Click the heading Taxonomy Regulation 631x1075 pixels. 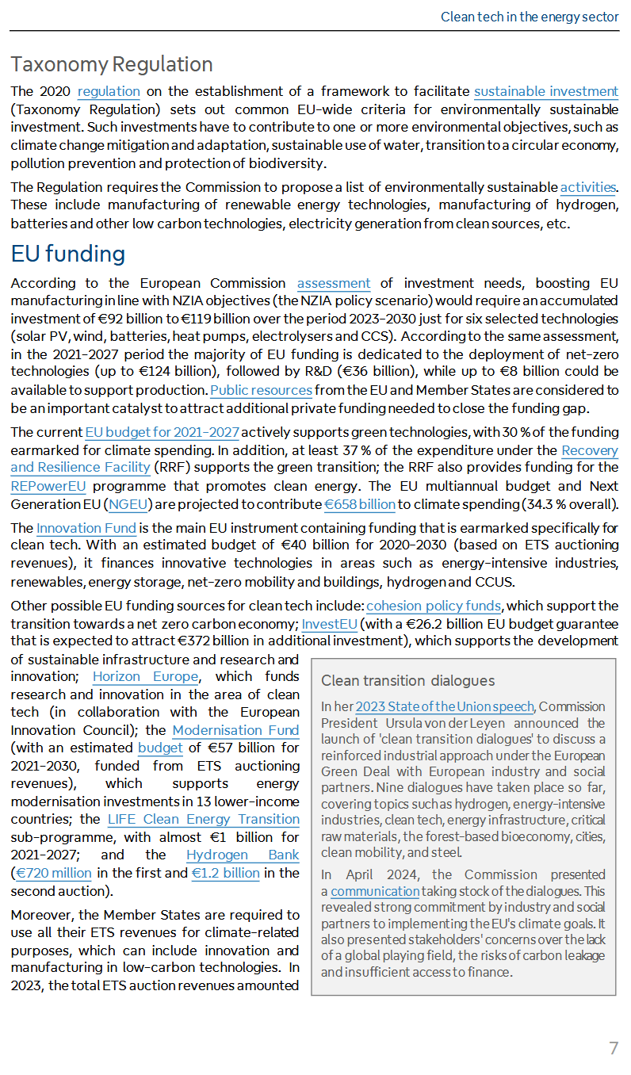point(112,64)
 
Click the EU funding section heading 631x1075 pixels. point(68,254)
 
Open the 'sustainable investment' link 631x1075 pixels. point(546,91)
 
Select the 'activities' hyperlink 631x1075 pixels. point(587,188)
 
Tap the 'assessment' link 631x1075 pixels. point(334,283)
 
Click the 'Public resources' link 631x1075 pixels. point(262,390)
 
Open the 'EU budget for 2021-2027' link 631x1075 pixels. point(163,432)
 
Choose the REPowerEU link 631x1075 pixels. point(48,486)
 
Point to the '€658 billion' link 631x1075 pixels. point(360,504)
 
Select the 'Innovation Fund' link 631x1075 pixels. point(86,528)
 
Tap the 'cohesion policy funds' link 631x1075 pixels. point(434,606)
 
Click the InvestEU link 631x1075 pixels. point(329,624)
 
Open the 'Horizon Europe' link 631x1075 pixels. point(145,676)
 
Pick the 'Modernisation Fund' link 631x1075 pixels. point(235,730)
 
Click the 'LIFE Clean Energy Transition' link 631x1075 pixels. point(204,819)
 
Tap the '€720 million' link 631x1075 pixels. point(54,873)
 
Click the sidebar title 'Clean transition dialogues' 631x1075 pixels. point(407,680)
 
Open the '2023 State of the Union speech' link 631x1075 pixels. point(445,706)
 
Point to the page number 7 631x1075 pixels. point(613,1048)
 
